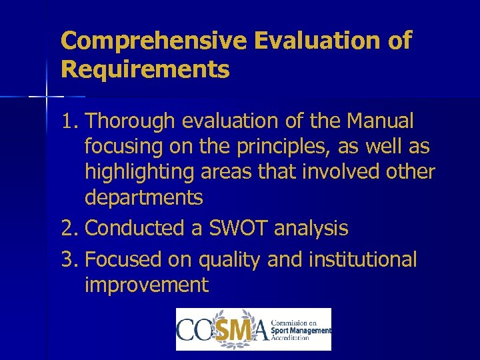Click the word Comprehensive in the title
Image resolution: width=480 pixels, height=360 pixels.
[x=155, y=41]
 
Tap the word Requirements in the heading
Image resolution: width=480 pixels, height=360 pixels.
[x=145, y=69]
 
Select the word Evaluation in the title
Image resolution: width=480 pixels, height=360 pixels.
[x=316, y=41]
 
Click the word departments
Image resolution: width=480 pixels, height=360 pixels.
[x=143, y=198]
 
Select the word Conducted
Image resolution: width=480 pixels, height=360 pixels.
[x=135, y=228]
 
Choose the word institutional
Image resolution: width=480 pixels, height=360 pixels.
[x=361, y=259]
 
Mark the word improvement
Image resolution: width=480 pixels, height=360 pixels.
[x=147, y=285]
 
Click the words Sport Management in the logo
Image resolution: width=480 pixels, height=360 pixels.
[x=301, y=329]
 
